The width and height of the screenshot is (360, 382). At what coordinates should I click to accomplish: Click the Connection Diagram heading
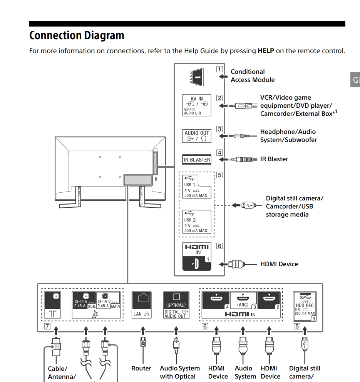coord(77,35)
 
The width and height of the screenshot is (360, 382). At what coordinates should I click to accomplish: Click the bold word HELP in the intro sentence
coord(266,51)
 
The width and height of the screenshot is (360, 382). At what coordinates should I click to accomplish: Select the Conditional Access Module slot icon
coord(197,76)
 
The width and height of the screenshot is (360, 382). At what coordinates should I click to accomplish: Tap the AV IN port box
coord(197,105)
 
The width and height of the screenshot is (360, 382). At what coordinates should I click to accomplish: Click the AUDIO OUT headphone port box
coord(197,136)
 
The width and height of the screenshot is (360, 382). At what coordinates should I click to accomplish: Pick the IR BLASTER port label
coord(197,159)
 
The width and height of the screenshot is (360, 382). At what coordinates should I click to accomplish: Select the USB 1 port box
coord(196,186)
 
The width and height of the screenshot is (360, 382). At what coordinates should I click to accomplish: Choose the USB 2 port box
coord(196,222)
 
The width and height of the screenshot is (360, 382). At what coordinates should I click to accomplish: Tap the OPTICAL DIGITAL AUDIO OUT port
coord(176,305)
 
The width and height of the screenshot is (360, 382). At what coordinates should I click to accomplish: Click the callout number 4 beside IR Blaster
coord(219,153)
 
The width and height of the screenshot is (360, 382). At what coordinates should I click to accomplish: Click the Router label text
coord(141,368)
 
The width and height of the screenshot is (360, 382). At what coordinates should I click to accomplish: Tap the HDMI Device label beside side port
coord(279,264)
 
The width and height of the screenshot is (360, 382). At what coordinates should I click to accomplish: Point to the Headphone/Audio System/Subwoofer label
coord(288,136)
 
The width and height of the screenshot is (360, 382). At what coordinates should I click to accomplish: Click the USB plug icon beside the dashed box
coord(248,205)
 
